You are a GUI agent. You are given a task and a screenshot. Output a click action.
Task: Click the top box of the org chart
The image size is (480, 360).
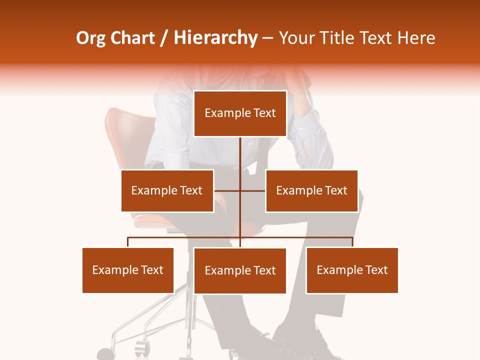tap(240, 113)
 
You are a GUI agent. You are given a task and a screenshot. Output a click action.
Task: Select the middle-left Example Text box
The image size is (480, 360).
tap(167, 190)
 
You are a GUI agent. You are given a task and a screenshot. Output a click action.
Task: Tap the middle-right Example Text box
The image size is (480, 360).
tap(311, 190)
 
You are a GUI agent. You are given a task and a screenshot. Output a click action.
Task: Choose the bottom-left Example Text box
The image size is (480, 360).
tap(128, 270)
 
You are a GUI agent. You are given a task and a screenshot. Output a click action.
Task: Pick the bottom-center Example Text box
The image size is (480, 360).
tap(240, 270)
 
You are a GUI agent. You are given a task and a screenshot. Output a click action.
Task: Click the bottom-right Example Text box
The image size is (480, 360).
tap(352, 270)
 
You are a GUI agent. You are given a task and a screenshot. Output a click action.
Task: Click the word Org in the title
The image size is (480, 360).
tap(90, 38)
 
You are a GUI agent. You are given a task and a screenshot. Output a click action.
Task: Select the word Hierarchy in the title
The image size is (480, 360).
tap(215, 38)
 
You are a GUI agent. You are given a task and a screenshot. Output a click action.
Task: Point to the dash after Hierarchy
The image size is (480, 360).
tap(267, 39)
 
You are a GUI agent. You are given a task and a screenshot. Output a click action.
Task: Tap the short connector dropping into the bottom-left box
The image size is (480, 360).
tap(128, 242)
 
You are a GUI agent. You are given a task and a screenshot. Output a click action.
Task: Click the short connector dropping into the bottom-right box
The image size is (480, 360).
tap(352, 242)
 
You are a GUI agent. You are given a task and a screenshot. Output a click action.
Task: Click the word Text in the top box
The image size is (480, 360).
tap(264, 113)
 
